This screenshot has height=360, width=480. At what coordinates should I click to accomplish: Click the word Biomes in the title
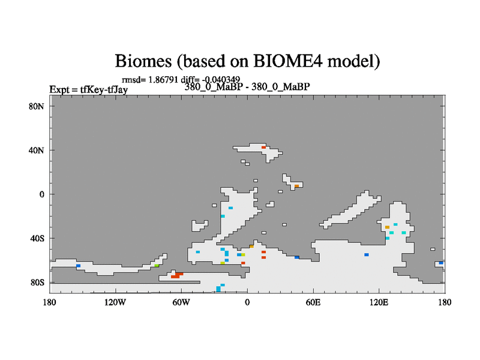pos(143,61)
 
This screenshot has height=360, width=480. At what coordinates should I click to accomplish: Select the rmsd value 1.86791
pos(163,80)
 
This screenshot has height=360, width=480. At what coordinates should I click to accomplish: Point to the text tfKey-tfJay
pos(104,89)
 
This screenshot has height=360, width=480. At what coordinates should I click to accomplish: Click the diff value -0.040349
pos(221,80)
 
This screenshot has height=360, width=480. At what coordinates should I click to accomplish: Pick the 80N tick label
pos(37,106)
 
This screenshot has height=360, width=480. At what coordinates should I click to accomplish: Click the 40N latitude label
pos(37,151)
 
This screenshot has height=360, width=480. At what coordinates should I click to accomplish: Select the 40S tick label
pos(37,238)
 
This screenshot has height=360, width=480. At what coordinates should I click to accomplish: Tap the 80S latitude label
pos(37,282)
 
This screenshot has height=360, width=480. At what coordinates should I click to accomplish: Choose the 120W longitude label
pos(115,302)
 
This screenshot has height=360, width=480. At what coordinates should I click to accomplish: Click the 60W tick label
pos(181,302)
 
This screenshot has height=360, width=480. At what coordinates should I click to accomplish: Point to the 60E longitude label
pos(313,302)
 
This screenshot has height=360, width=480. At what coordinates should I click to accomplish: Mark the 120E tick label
pos(379,302)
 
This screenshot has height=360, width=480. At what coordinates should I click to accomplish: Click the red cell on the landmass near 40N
pos(263,148)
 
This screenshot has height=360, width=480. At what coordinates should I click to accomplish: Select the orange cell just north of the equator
pos(296,186)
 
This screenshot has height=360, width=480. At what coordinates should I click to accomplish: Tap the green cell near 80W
pos(157,266)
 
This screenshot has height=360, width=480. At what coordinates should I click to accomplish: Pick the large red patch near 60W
pos(177,275)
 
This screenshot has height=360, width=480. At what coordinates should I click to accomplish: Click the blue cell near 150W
pos(79,266)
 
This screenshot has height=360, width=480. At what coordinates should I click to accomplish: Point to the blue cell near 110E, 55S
pos(367,254)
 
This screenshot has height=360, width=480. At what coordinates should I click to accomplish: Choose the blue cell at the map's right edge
pos(441,263)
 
